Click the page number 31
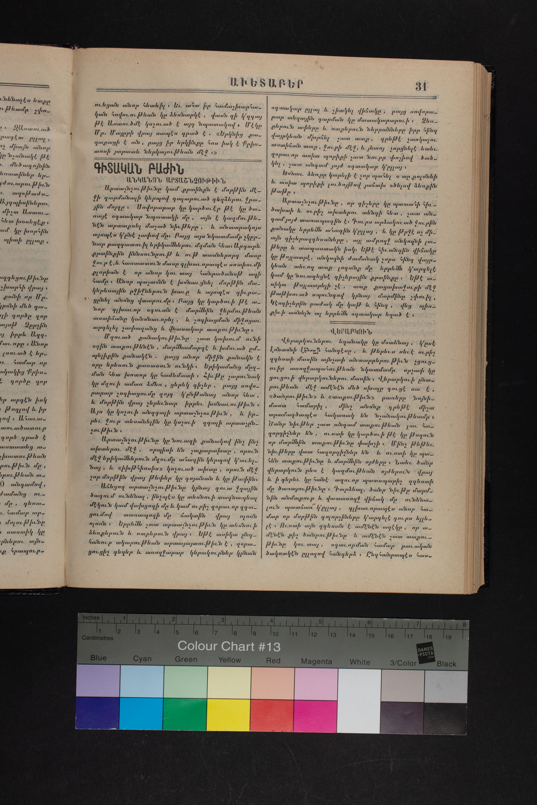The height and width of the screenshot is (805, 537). (x=421, y=86)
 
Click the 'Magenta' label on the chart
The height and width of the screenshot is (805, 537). (x=316, y=662)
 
